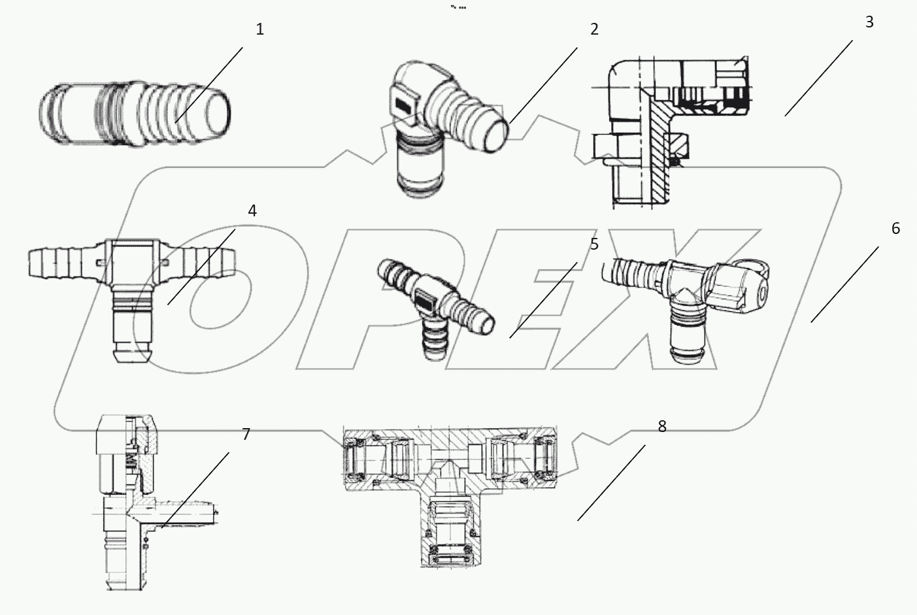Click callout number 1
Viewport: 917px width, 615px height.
click(x=259, y=29)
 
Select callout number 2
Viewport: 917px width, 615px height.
click(x=593, y=29)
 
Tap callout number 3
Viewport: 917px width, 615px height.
click(x=869, y=22)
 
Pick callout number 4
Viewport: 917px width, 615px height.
click(x=252, y=210)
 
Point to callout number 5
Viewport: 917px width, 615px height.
click(x=593, y=244)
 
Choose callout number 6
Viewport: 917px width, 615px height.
click(x=895, y=229)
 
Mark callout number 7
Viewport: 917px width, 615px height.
click(x=246, y=434)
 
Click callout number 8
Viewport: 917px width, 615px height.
click(x=661, y=427)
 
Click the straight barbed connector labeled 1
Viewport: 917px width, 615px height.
click(x=134, y=114)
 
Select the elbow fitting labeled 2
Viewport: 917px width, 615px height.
click(x=438, y=124)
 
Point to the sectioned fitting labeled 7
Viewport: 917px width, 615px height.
click(x=131, y=497)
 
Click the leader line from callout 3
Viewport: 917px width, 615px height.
click(x=818, y=78)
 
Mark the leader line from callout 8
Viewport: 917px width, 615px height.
click(x=611, y=482)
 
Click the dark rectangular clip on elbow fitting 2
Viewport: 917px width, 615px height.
click(x=403, y=103)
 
